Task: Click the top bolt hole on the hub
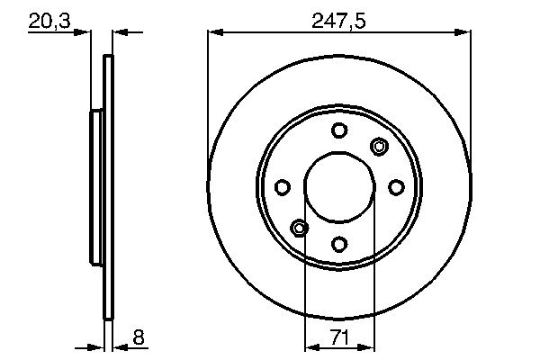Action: pyautogui.click(x=339, y=130)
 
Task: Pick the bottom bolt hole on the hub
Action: pyautogui.click(x=339, y=243)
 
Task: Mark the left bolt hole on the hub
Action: pyautogui.click(x=283, y=187)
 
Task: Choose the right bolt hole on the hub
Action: pyautogui.click(x=396, y=187)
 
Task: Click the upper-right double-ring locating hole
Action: pyautogui.click(x=379, y=147)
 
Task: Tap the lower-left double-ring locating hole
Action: pyautogui.click(x=300, y=227)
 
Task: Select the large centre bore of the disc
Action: pyautogui.click(x=339, y=187)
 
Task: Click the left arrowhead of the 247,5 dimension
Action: pyautogui.click(x=213, y=33)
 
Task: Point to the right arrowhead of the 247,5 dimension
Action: pyautogui.click(x=465, y=33)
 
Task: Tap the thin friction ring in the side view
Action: pyautogui.click(x=109, y=187)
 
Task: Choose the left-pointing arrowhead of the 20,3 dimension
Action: pyautogui.click(x=119, y=33)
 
